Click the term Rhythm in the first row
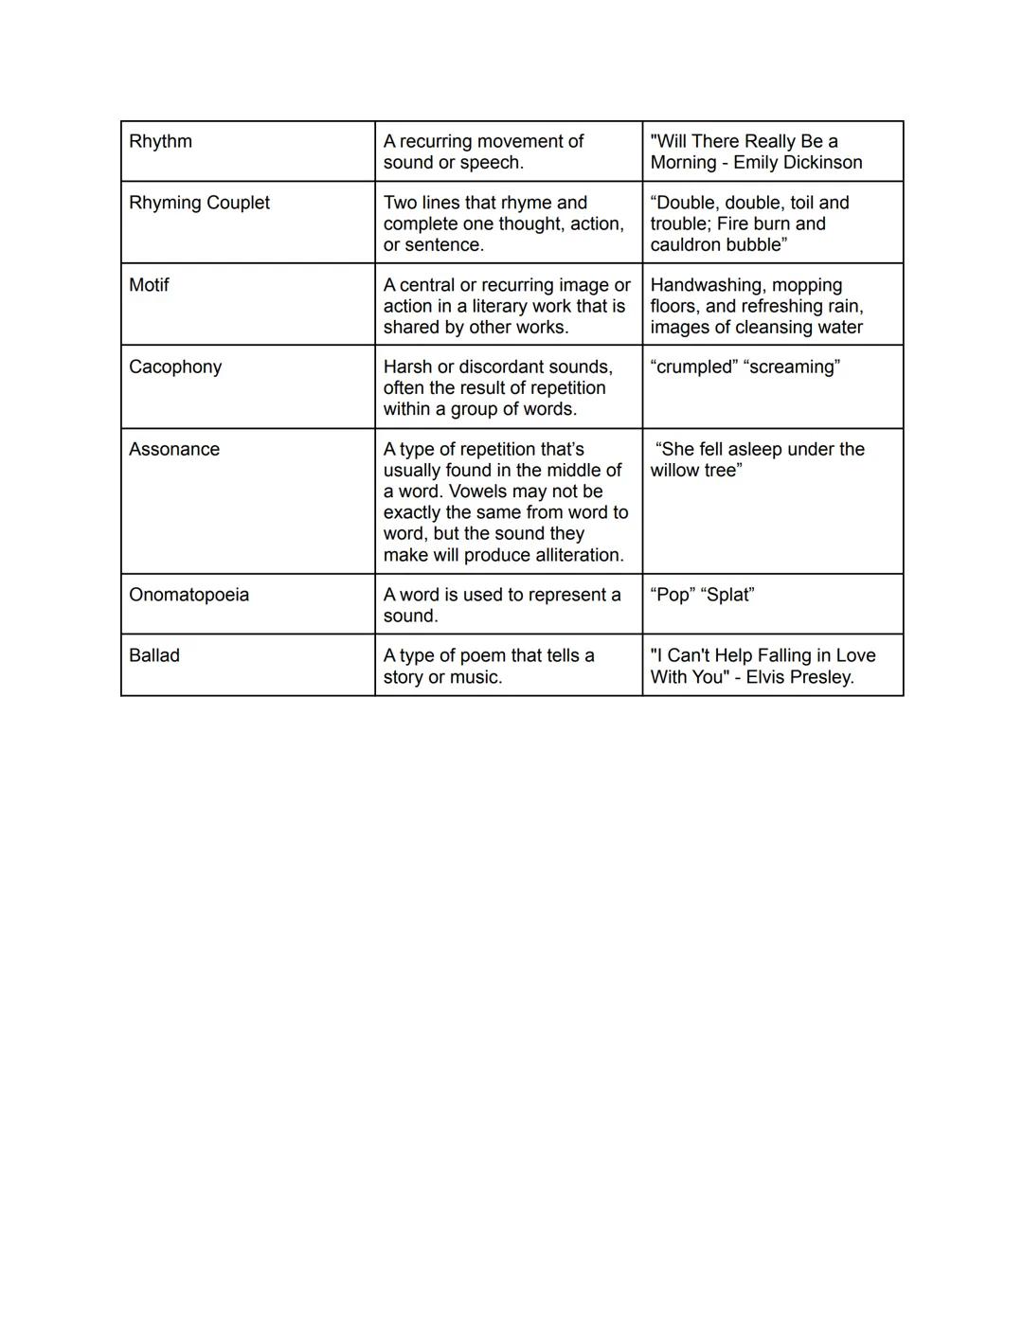pyautogui.click(x=160, y=142)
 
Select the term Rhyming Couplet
pyautogui.click(x=199, y=203)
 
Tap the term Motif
pyautogui.click(x=149, y=285)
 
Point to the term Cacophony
pyautogui.click(x=175, y=367)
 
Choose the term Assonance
pyautogui.click(x=174, y=450)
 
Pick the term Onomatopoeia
pyautogui.click(x=188, y=595)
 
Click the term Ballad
pyautogui.click(x=154, y=655)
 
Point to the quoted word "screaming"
pyautogui.click(x=794, y=367)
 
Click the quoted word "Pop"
pyautogui.click(x=672, y=595)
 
